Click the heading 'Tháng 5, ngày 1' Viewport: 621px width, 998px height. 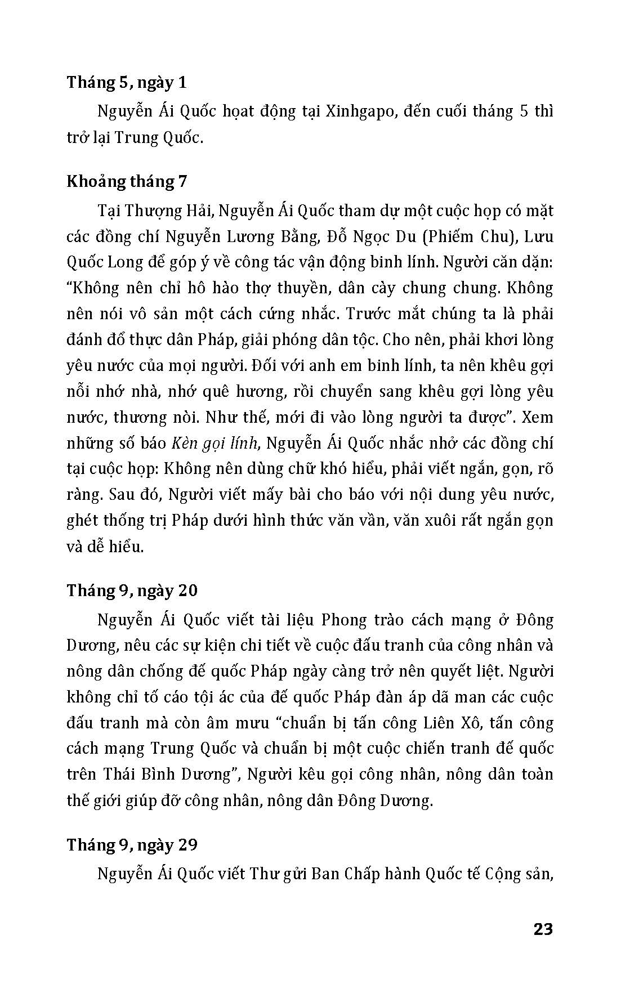point(127,83)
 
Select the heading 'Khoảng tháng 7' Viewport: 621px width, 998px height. point(127,181)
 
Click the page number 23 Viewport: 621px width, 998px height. point(543,929)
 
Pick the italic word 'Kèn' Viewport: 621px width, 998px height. point(183,444)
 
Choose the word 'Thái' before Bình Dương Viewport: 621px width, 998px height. point(119,775)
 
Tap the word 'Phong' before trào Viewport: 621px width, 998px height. point(341,620)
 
